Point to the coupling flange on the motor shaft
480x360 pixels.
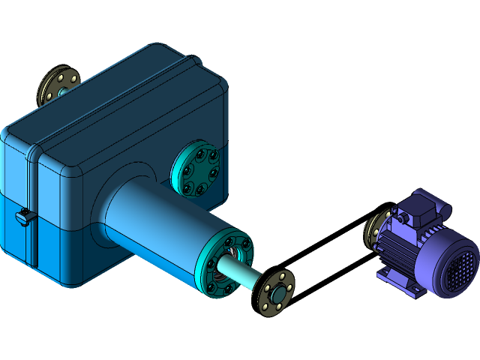(x=373, y=229)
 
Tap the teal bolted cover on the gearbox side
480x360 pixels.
(x=196, y=171)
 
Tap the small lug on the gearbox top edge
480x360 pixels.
(x=193, y=58)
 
